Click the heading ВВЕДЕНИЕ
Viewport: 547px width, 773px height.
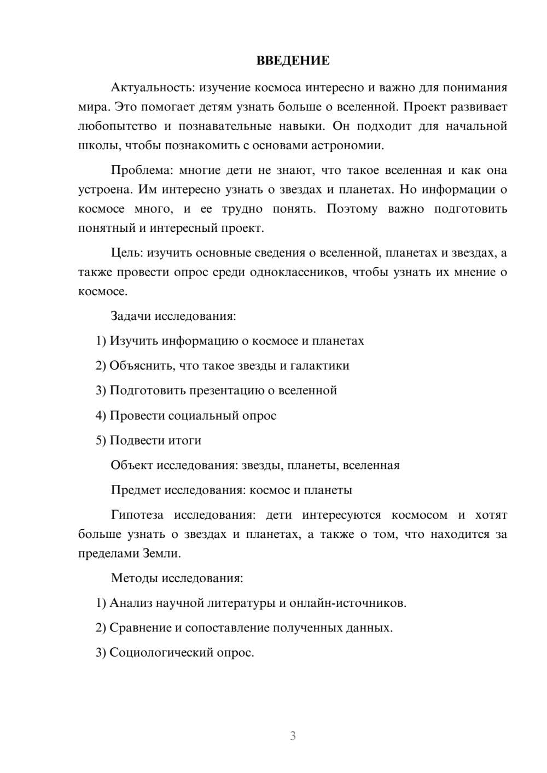[x=293, y=61]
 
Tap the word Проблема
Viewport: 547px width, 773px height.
[x=141, y=170]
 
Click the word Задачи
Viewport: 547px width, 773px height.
[x=131, y=316]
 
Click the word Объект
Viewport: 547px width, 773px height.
[x=131, y=465]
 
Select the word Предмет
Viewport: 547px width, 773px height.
[x=136, y=490]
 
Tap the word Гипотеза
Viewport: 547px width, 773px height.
[x=137, y=515]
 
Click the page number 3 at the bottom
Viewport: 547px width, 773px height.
[x=293, y=736]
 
